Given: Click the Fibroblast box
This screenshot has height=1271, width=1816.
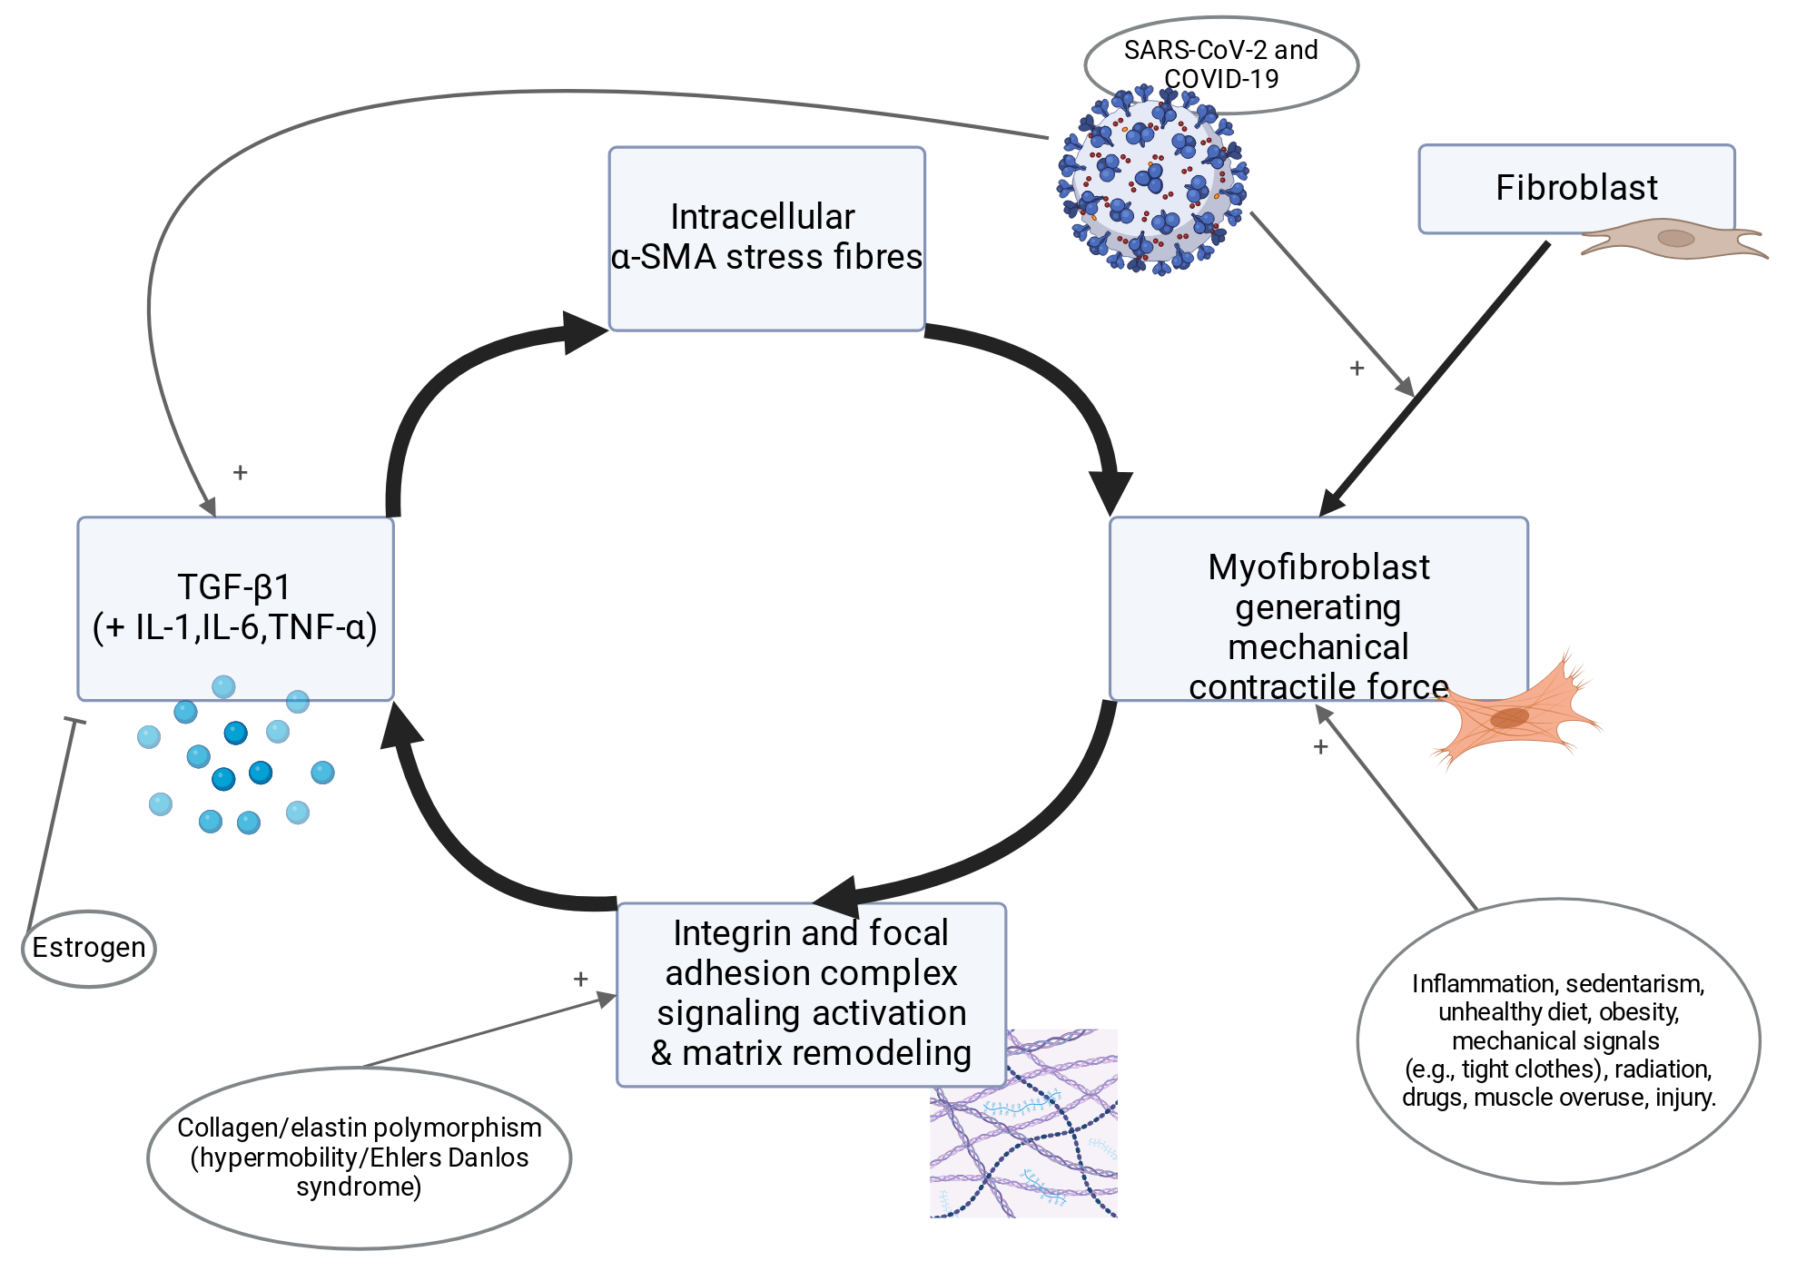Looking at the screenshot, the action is click(x=1576, y=189).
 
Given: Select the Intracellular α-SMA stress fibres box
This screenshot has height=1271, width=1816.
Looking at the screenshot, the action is click(x=766, y=239).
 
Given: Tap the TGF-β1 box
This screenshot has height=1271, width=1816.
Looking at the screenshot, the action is click(x=235, y=608).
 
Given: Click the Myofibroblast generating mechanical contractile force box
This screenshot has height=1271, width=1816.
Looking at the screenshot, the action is click(x=1318, y=608).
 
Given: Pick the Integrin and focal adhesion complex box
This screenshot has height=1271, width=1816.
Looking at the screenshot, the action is click(x=811, y=994).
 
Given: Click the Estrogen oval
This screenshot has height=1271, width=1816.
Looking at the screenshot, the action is click(x=89, y=949).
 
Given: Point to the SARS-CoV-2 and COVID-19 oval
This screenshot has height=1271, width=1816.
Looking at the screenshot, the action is click(x=1221, y=64).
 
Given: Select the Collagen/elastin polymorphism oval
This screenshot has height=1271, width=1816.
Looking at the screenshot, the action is click(x=359, y=1158).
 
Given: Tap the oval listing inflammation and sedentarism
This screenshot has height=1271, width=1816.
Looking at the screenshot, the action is click(x=1558, y=1040).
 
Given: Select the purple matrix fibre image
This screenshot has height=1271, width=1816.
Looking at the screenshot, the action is click(x=1023, y=1123).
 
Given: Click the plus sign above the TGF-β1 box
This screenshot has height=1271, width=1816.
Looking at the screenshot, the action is click(x=240, y=472).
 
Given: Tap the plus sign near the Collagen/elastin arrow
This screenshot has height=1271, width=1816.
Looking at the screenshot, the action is click(x=580, y=979).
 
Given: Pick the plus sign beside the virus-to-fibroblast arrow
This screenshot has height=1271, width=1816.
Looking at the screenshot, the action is click(x=1357, y=368).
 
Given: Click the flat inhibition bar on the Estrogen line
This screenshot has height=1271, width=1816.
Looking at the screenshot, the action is click(x=74, y=721).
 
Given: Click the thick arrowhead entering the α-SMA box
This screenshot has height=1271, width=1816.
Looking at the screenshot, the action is click(x=584, y=332).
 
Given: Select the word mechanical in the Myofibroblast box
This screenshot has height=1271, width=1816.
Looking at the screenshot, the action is click(x=1318, y=647).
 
